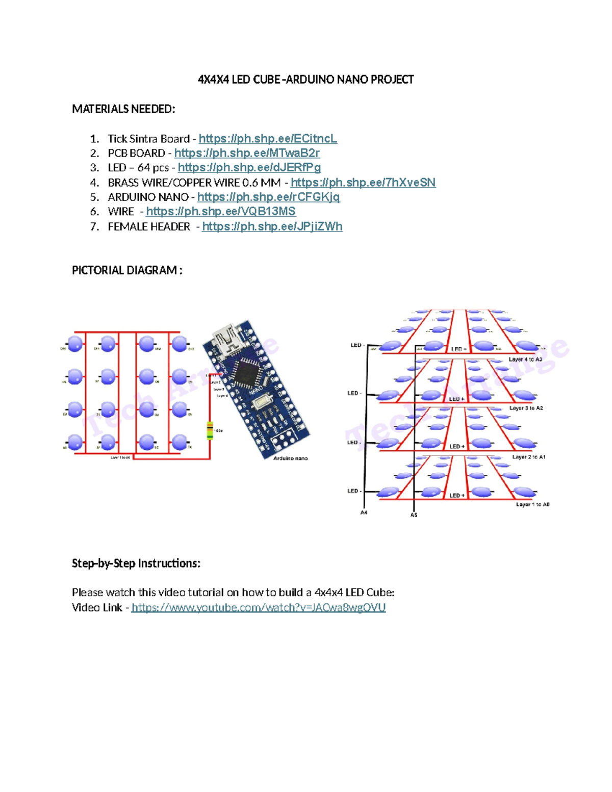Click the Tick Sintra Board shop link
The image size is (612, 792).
click(x=268, y=139)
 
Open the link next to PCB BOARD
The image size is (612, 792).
click(x=247, y=153)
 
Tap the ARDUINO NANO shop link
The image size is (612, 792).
click(x=268, y=197)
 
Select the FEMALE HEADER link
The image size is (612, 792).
click(x=272, y=226)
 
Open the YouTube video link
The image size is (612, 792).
click(x=258, y=607)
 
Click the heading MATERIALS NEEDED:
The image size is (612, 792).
click(x=123, y=109)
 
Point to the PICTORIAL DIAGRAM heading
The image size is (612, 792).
click(x=127, y=270)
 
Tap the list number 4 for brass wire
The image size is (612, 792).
click(x=94, y=183)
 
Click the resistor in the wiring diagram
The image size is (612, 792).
click(x=210, y=430)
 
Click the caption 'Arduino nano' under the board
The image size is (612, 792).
click(x=290, y=458)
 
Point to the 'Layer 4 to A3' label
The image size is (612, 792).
click(x=525, y=360)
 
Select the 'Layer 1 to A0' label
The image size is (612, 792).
click(x=532, y=504)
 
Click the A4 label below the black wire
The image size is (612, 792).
click(x=364, y=513)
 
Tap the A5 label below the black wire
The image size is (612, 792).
click(x=414, y=515)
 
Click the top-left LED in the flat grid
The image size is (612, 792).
click(x=75, y=344)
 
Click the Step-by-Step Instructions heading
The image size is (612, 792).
click(x=136, y=564)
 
